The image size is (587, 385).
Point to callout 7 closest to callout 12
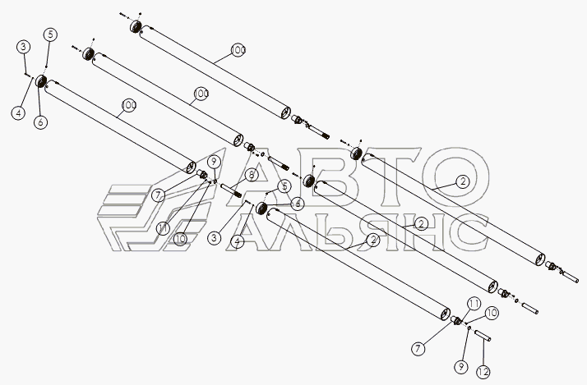[x=418, y=349]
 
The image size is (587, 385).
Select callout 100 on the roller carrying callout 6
[x=128, y=105]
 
